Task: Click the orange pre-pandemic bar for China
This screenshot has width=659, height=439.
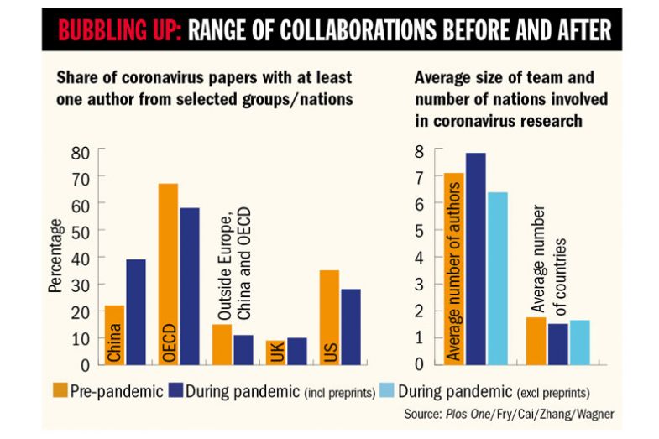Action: [x=114, y=335]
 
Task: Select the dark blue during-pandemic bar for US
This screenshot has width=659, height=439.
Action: [x=351, y=327]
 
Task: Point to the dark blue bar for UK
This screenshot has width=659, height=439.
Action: [x=296, y=351]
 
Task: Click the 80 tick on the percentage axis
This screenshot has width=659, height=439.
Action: [x=81, y=154]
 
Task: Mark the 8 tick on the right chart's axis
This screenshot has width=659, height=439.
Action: [x=423, y=152]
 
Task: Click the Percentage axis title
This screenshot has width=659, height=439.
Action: [x=55, y=255]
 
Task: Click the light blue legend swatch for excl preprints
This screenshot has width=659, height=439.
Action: [x=384, y=391]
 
